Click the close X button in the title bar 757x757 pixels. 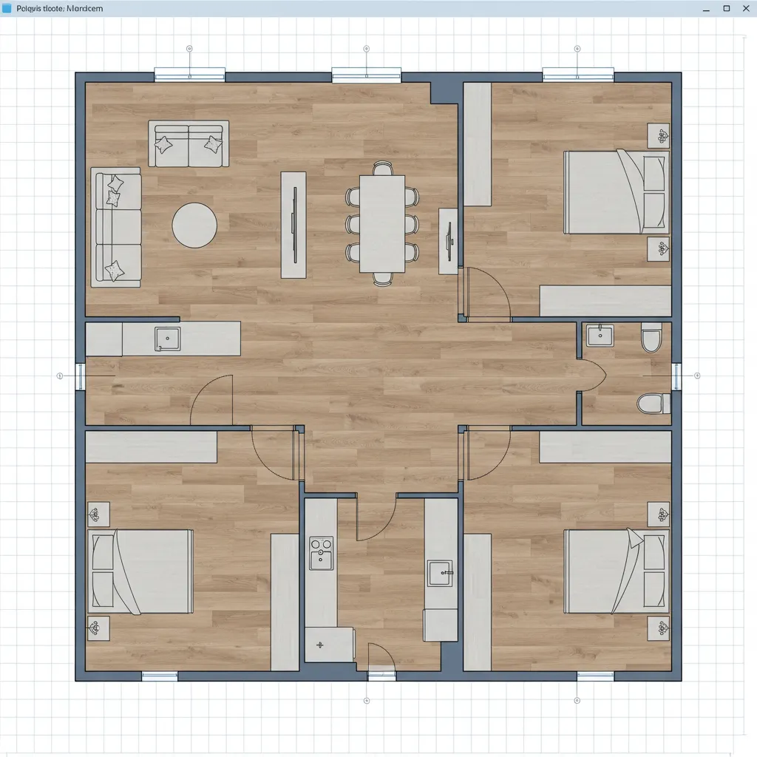[745, 8]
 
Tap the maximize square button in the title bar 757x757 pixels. [726, 8]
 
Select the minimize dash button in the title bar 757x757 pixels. [706, 8]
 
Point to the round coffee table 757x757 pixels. [194, 225]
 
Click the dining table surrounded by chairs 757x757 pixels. [382, 223]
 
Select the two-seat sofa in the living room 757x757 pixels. [189, 144]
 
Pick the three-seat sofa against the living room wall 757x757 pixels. [116, 227]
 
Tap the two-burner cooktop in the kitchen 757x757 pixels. [321, 554]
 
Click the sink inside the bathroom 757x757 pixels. [600, 336]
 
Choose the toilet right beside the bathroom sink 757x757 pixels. [651, 337]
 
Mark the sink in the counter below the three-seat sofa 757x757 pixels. [167, 339]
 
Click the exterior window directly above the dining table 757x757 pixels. [366, 75]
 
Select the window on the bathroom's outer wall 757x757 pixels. [676, 376]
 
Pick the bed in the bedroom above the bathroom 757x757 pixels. [616, 191]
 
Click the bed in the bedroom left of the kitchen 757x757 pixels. [140, 571]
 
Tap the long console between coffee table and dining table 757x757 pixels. [293, 225]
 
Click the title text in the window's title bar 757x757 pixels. [59, 8]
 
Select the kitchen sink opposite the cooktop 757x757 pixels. [441, 571]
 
